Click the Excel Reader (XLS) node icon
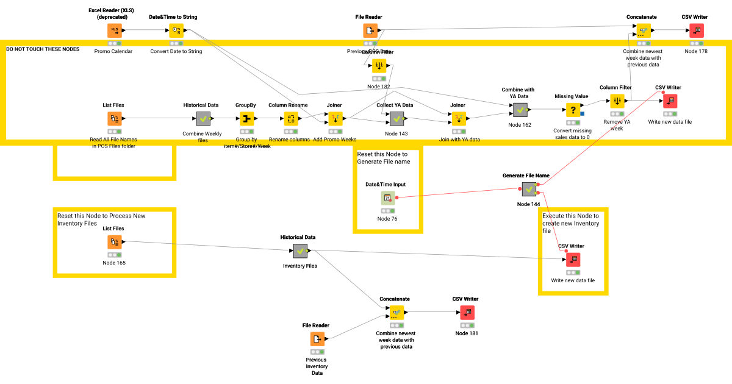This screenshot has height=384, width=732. [x=115, y=30]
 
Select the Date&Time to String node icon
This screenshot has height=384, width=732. [x=176, y=30]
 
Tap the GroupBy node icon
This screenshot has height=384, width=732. [x=246, y=118]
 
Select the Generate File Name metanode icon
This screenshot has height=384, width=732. [x=528, y=190]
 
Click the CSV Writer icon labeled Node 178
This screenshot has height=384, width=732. [x=696, y=30]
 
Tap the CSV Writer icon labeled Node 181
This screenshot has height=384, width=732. [x=466, y=313]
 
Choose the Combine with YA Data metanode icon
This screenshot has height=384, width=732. [x=520, y=110]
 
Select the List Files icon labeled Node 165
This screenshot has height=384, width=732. [x=114, y=242]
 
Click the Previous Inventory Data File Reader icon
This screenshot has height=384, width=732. [x=317, y=339]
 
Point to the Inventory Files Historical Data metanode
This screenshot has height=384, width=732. [x=300, y=251]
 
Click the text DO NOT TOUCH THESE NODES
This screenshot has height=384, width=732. [x=43, y=49]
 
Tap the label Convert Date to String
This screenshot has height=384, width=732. [x=176, y=51]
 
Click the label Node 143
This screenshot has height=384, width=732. [x=396, y=133]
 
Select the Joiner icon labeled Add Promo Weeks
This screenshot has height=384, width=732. [x=334, y=118]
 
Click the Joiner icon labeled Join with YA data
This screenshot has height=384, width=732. [x=457, y=118]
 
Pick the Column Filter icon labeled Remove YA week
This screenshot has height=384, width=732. [x=617, y=101]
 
